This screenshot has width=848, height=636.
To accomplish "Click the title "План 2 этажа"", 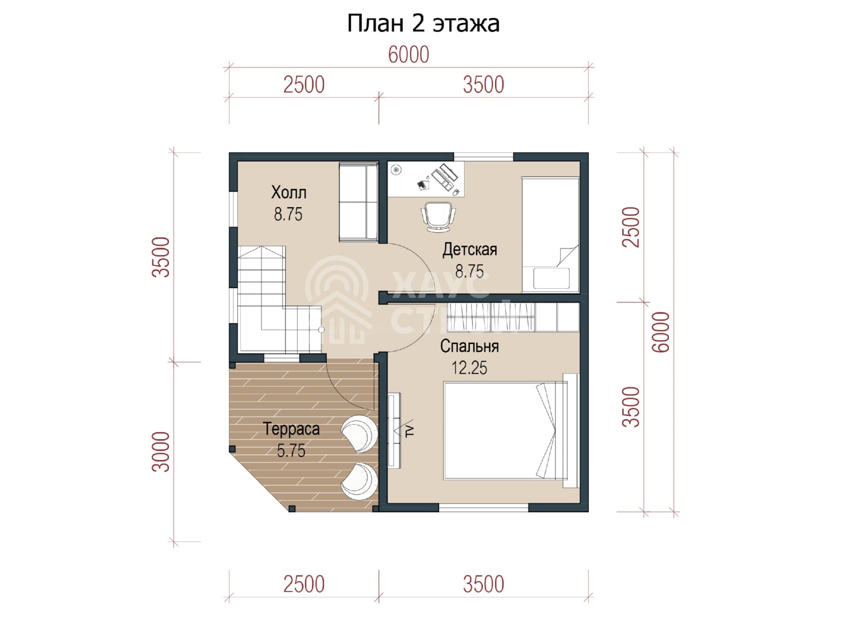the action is click(423, 24).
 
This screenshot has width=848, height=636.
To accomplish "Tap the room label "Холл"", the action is click(288, 192).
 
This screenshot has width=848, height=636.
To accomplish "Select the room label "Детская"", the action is click(470, 250).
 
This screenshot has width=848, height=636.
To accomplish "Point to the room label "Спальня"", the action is click(469, 346).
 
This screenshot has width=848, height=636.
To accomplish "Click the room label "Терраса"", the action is click(291, 429).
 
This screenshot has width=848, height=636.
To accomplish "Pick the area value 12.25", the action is click(469, 368).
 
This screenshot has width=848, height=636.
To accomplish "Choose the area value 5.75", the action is click(291, 451).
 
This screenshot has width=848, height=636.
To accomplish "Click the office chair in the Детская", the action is click(438, 217).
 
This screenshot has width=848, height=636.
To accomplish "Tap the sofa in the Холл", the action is click(358, 202).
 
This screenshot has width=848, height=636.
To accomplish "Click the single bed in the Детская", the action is click(550, 234).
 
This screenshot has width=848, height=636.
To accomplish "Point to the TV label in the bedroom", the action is click(410, 430).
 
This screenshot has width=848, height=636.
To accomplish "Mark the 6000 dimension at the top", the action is click(409, 55).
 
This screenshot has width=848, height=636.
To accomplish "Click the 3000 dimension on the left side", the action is click(161, 451).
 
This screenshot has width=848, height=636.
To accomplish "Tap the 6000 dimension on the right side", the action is click(661, 332).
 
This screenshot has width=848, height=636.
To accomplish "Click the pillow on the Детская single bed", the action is click(551, 278).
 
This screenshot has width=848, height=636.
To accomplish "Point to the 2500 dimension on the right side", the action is click(631, 227).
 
